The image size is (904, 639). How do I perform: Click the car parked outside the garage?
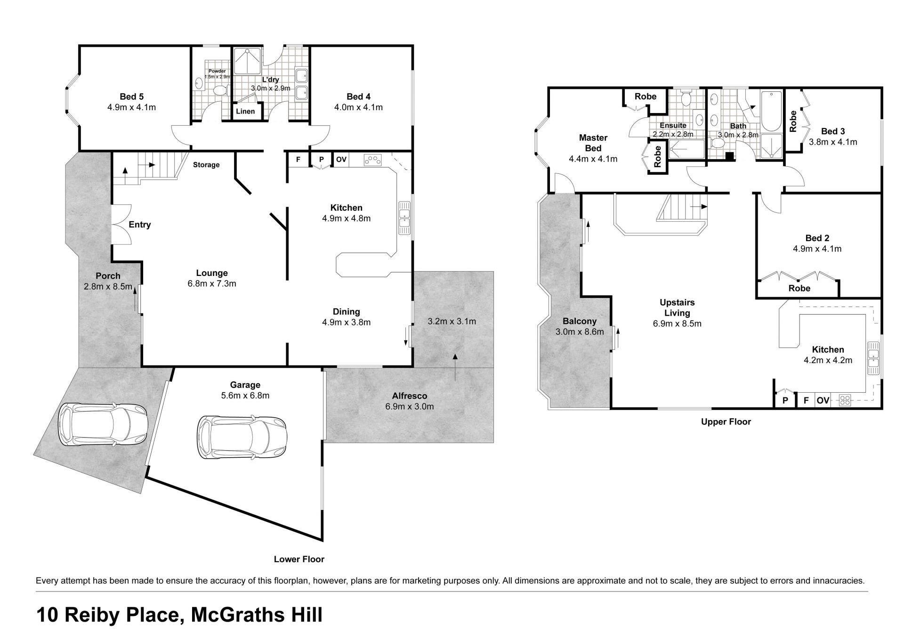[103, 424]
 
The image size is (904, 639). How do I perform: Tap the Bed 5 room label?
[131, 97]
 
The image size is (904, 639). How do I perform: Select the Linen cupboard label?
[245, 112]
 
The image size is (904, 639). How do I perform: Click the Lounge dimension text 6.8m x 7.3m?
[212, 283]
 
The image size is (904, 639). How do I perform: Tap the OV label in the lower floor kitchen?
[341, 160]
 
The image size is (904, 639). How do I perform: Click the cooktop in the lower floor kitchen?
[373, 160]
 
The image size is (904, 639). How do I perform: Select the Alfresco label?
[410, 396]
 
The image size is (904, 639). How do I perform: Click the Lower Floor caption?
[299, 559]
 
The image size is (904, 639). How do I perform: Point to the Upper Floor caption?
[726, 422]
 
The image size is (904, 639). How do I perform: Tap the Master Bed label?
[593, 143]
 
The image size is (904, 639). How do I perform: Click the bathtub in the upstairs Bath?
[771, 112]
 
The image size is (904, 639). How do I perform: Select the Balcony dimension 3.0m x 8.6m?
[580, 332]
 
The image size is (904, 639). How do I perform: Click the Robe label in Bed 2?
[799, 288]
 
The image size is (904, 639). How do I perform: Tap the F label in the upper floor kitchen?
[806, 401]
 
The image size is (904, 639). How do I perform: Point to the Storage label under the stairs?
[206, 165]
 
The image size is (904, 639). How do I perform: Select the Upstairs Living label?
[677, 307]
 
